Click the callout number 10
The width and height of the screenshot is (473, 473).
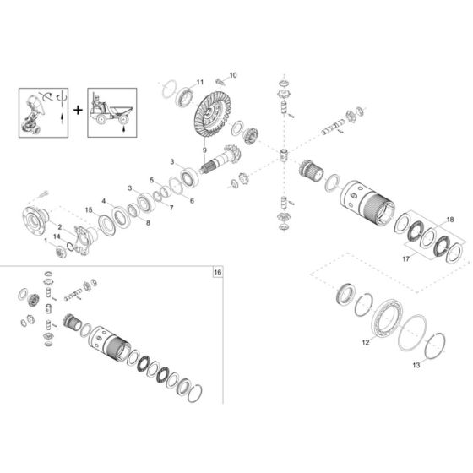click(x=233, y=75)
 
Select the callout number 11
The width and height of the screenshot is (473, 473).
click(x=200, y=81)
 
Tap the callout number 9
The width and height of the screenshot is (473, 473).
click(x=204, y=150)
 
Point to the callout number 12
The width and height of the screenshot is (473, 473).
click(x=365, y=343)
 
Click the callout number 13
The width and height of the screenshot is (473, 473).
click(x=415, y=366)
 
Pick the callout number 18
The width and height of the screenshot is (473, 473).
click(x=449, y=219)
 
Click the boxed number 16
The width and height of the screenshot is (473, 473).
click(x=217, y=273)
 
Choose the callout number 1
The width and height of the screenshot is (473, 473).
click(x=47, y=242)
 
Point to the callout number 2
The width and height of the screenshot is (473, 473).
click(x=60, y=227)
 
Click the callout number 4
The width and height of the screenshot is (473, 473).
click(x=102, y=201)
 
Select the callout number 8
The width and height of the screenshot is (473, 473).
click(x=149, y=222)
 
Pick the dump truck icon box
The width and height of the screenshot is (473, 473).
click(x=111, y=110)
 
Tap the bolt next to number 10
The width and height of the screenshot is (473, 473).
click(x=221, y=79)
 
